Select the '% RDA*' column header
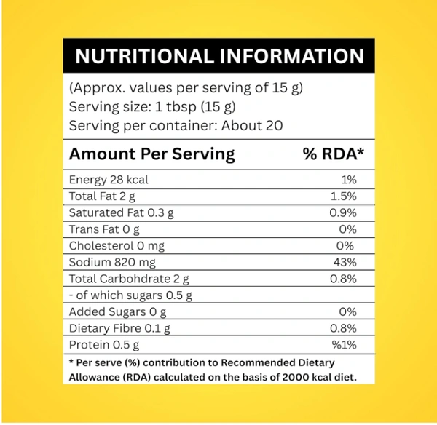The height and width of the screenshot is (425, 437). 332,154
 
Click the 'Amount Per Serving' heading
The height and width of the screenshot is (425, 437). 151,154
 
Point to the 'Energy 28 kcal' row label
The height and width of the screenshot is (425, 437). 109,180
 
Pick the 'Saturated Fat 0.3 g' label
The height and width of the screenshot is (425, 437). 122,213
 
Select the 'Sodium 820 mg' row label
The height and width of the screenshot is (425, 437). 112,263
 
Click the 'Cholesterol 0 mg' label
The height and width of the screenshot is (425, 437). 117,246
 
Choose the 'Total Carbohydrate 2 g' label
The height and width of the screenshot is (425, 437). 129,279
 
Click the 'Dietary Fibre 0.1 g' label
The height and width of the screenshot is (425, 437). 120,328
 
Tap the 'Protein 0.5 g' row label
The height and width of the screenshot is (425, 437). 103,345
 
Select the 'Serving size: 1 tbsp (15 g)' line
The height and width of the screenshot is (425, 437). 152,107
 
